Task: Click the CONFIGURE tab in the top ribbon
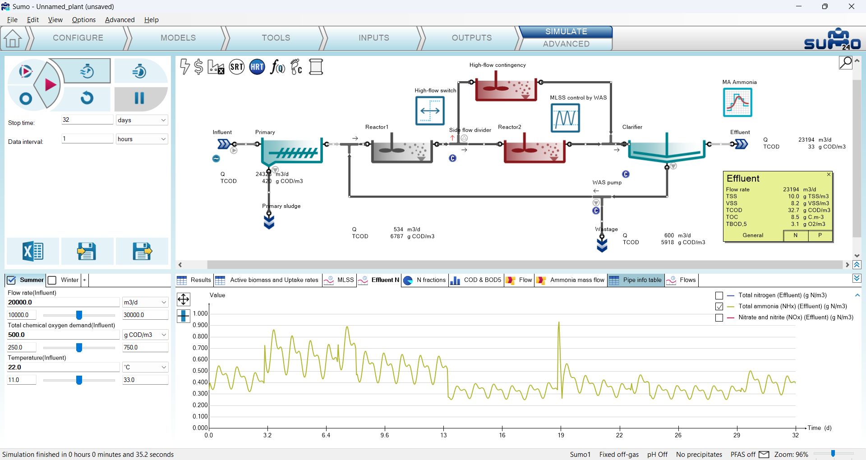click(78, 38)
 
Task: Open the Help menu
click(152, 20)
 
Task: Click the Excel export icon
click(33, 251)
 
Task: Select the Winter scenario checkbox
click(52, 280)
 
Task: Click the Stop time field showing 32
click(87, 120)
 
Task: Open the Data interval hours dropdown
click(142, 139)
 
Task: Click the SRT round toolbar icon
click(237, 67)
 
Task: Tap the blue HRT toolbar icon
click(257, 67)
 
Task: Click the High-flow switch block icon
click(430, 110)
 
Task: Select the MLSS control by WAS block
click(565, 118)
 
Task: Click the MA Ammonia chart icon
click(737, 102)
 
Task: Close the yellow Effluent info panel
click(829, 175)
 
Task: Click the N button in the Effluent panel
click(796, 235)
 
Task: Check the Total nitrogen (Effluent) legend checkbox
click(719, 296)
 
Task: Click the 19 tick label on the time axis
click(561, 435)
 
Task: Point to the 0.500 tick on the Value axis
click(200, 371)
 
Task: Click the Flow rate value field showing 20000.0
click(63, 302)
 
